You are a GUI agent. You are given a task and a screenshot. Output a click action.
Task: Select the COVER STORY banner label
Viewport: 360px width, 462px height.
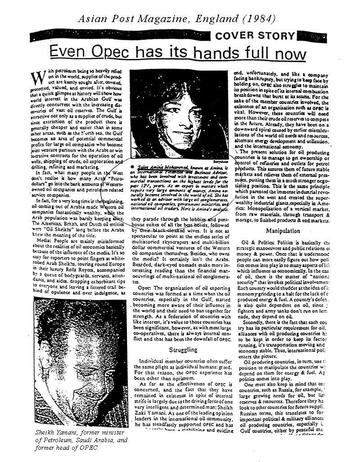click(262, 36)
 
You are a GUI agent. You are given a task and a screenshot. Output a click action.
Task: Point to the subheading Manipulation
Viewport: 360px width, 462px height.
click(283, 231)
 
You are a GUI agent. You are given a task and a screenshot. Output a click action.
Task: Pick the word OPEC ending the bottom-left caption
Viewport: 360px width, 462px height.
click(90, 448)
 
